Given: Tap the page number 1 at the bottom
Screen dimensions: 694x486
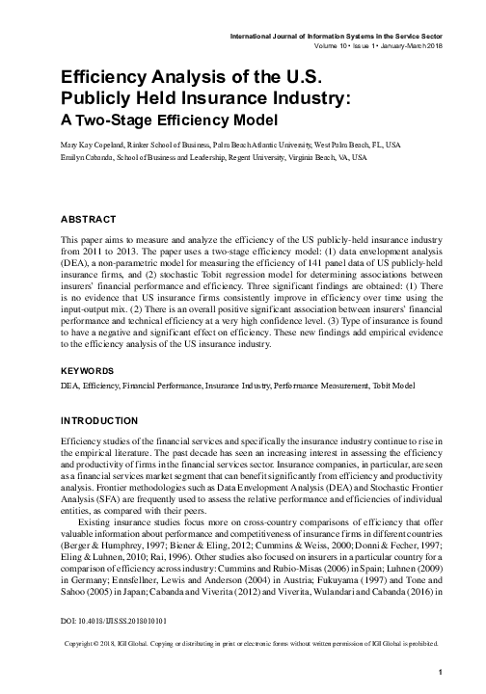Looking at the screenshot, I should pos(439,671).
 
